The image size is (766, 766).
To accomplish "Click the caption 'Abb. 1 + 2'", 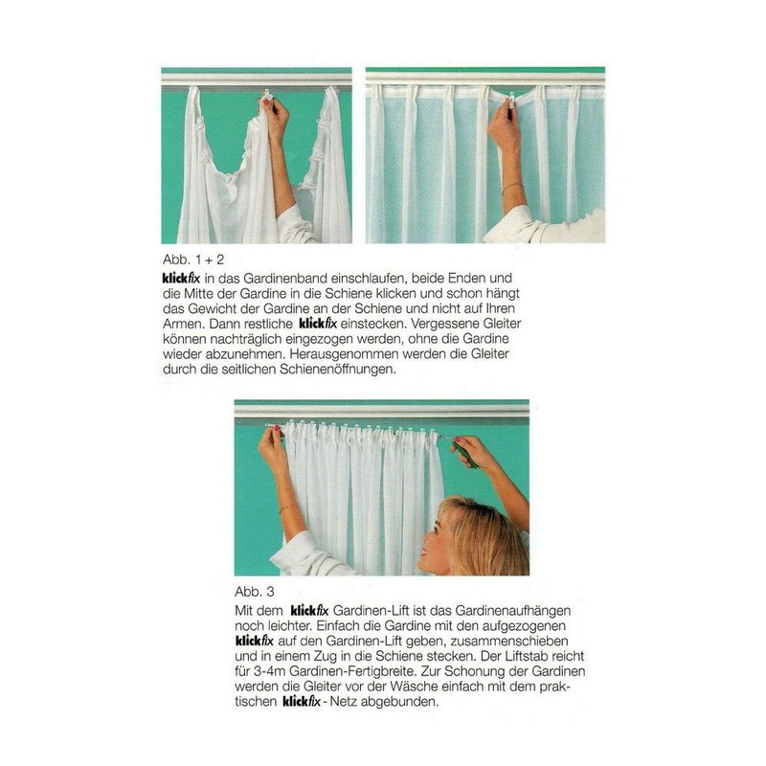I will tap(191, 259).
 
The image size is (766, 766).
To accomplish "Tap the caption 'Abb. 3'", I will tap(255, 591).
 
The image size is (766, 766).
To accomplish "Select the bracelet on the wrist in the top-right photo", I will tap(513, 188).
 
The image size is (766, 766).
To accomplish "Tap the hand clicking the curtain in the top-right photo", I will tap(504, 124).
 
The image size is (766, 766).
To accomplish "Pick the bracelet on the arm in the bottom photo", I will tap(288, 507).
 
